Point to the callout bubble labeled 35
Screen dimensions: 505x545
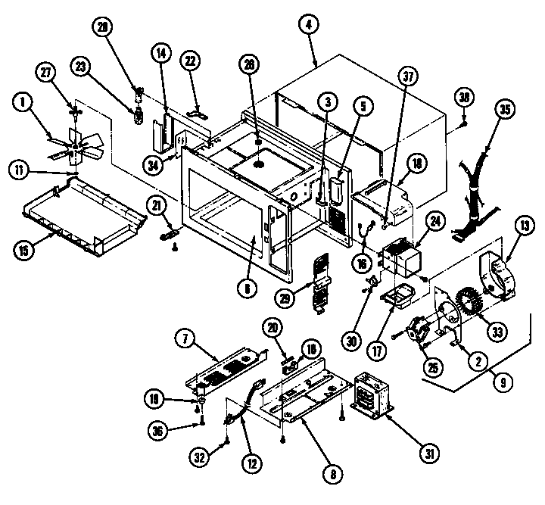pos(503,107)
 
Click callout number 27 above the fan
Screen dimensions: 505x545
pos(47,73)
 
